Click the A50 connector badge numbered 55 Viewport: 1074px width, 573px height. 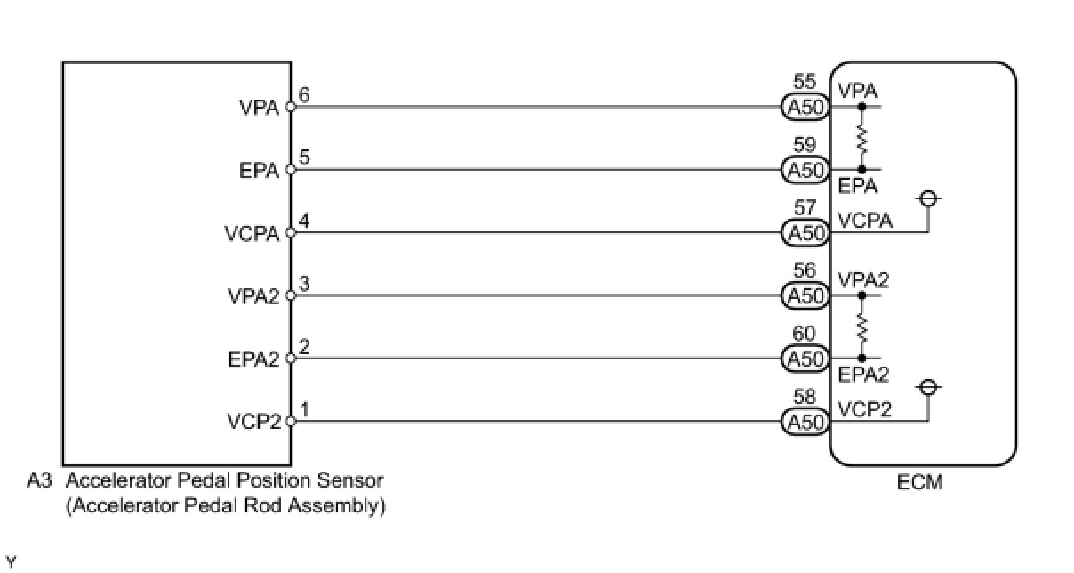805,107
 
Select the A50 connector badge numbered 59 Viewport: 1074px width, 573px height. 805,170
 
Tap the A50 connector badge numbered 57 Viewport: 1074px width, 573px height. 805,233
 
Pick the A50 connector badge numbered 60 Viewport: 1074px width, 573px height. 805,359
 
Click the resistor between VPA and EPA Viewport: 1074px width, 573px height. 862,139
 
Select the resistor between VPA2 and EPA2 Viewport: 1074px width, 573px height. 862,327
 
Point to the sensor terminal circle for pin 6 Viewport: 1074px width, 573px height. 291,107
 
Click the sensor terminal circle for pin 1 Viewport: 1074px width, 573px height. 291,422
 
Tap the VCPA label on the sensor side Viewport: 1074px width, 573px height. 252,234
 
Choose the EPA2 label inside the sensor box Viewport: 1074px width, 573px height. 253,359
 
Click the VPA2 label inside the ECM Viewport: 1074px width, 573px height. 863,279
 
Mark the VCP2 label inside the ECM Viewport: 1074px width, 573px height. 864,409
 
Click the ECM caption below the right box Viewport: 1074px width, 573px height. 919,482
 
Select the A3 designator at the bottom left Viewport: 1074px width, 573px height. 39,480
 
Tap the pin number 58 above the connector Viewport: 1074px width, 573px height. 805,397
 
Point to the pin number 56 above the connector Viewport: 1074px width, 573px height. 805,270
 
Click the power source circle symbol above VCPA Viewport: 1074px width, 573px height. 929,198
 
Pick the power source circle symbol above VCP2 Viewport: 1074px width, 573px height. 929,387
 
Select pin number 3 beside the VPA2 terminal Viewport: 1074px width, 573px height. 304,284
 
